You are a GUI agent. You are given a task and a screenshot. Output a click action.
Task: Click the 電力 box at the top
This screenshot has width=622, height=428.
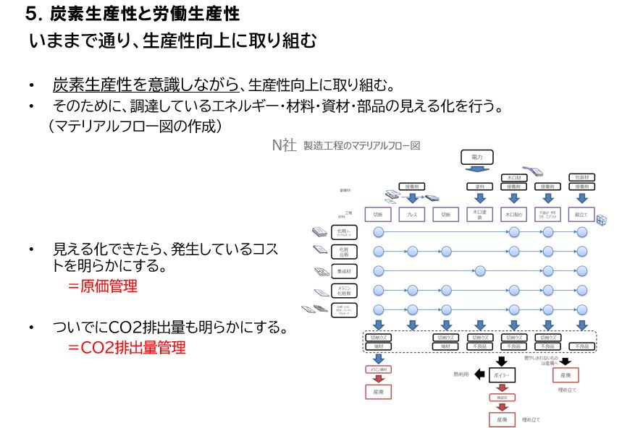tap(476, 156)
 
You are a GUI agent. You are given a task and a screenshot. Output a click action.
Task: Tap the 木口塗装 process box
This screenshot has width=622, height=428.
tap(478, 215)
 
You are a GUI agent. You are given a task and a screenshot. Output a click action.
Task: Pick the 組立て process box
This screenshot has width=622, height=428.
tap(580, 215)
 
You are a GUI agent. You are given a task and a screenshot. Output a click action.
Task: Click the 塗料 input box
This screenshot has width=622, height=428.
tap(478, 187)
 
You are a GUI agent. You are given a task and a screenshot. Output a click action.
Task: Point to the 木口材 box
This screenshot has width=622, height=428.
tap(513, 177)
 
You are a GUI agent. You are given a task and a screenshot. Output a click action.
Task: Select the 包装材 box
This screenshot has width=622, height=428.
tap(580, 177)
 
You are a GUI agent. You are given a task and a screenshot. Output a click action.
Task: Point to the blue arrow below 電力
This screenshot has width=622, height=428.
tap(477, 170)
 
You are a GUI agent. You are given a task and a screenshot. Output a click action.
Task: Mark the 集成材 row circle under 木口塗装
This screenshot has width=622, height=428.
tap(479, 271)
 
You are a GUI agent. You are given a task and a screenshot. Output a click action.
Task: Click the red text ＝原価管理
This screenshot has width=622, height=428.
tap(102, 286)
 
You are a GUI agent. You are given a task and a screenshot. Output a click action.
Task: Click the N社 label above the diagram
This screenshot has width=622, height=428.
tap(284, 145)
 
